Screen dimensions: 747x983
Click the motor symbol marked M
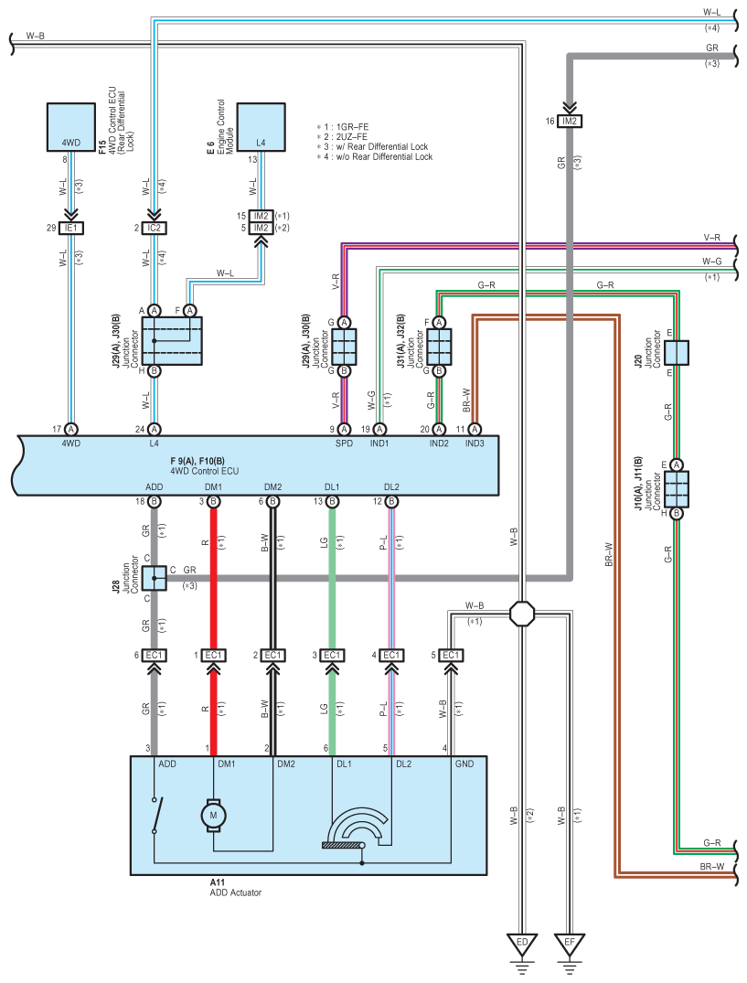tap(213, 815)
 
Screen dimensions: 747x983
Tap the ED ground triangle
tap(522, 944)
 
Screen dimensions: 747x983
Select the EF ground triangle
tap(569, 944)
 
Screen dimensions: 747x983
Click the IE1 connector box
tap(70, 229)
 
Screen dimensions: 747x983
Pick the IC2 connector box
tap(155, 229)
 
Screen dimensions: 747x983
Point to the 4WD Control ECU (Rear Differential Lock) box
tap(71, 127)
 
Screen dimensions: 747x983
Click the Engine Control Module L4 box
tap(261, 127)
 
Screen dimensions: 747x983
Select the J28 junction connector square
tap(155, 578)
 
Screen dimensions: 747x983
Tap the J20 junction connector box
tap(677, 353)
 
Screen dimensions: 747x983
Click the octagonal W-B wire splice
tap(522, 614)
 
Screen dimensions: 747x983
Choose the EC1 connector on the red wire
tap(214, 655)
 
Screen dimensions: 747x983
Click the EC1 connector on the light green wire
tap(332, 655)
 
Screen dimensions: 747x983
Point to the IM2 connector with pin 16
tap(569, 121)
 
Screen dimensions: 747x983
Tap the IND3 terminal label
tap(475, 443)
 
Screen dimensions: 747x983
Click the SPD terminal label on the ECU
tap(344, 443)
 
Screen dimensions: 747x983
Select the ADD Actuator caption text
tap(236, 892)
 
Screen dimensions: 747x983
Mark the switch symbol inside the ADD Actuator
tap(156, 815)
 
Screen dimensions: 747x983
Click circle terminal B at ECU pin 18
tap(155, 501)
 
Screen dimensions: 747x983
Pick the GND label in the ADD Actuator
tap(464, 764)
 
